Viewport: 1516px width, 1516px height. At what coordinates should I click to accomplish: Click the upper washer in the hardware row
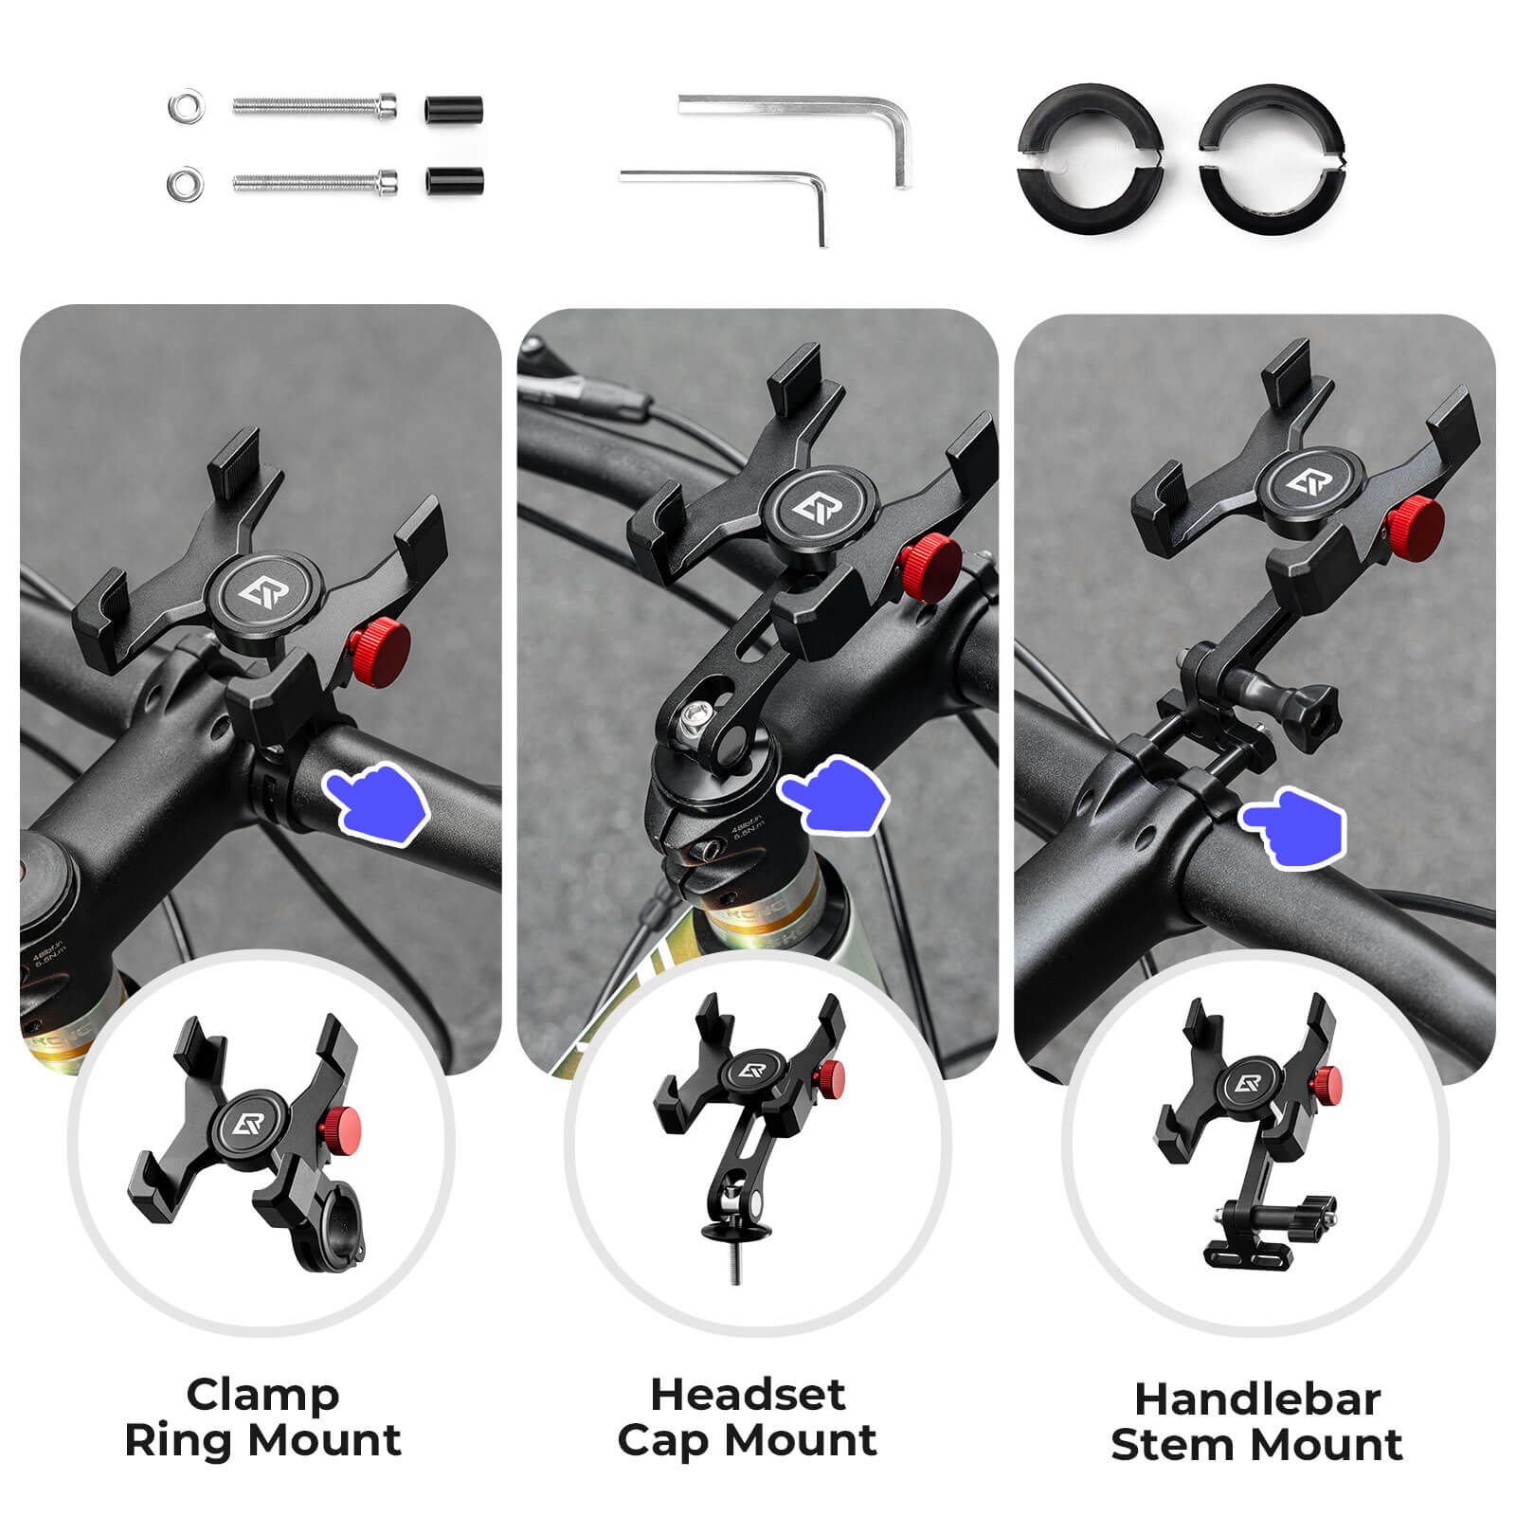click(x=186, y=105)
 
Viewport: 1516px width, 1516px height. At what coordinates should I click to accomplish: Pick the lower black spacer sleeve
click(x=455, y=180)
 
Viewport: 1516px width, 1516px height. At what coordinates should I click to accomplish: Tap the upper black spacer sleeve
click(x=455, y=107)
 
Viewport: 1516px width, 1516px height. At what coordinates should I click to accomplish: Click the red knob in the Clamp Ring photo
click(x=380, y=651)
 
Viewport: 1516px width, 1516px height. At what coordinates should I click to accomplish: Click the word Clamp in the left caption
click(x=262, y=1395)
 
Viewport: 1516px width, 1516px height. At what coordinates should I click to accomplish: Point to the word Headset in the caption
click(x=747, y=1395)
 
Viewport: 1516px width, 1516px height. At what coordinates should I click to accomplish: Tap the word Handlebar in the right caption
click(x=1256, y=1399)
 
